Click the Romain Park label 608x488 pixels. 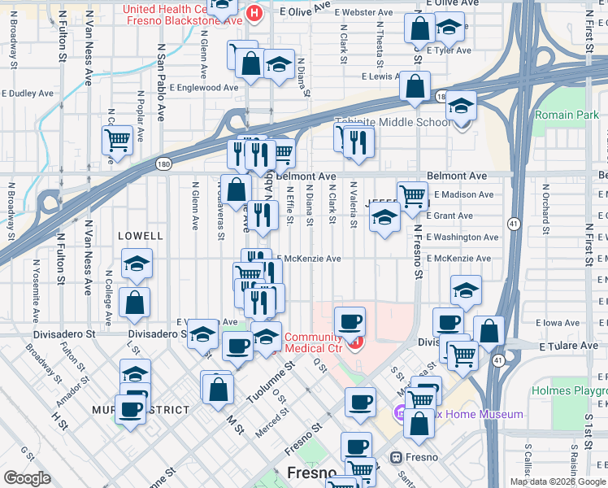point(567,115)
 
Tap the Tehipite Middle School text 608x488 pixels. point(393,123)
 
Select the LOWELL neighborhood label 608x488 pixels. point(140,235)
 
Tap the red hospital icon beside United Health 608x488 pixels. point(255,13)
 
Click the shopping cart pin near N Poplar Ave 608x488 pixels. point(117,139)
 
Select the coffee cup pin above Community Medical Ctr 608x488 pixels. point(350,321)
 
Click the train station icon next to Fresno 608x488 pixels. point(396,457)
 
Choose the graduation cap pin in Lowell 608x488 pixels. point(137,264)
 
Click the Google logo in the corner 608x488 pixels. point(28,477)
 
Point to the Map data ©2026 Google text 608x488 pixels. point(558,481)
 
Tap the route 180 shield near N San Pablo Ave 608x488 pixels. point(163,163)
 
